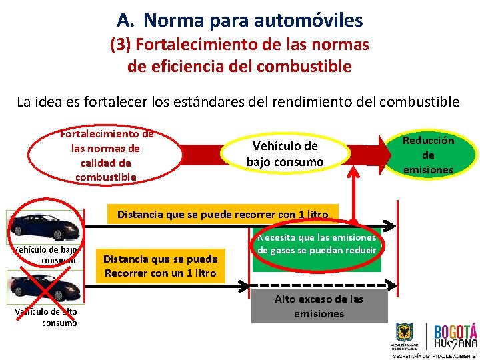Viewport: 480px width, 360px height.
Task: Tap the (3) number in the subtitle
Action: pyautogui.click(x=122, y=45)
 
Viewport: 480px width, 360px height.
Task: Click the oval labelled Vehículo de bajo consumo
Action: pyautogui.click(x=285, y=154)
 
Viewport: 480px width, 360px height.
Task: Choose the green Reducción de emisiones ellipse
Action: pyautogui.click(x=428, y=154)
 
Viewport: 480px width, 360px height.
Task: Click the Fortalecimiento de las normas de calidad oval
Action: pyautogui.click(x=107, y=155)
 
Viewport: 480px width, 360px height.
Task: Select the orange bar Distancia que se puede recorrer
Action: pyautogui.click(x=223, y=215)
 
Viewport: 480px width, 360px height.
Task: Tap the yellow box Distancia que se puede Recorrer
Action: pyautogui.click(x=161, y=266)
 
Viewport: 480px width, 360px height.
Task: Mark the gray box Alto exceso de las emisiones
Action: pyautogui.click(x=319, y=307)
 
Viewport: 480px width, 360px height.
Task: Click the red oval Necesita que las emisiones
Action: pyautogui.click(x=317, y=245)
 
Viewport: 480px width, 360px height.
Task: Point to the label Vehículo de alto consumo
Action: pyautogui.click(x=46, y=317)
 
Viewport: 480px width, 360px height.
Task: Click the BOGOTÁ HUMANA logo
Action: pyautogui.click(x=455, y=337)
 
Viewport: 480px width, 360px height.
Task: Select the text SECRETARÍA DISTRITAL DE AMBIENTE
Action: pyautogui.click(x=433, y=355)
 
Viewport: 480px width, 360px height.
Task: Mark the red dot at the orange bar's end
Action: pyautogui.click(x=354, y=221)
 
